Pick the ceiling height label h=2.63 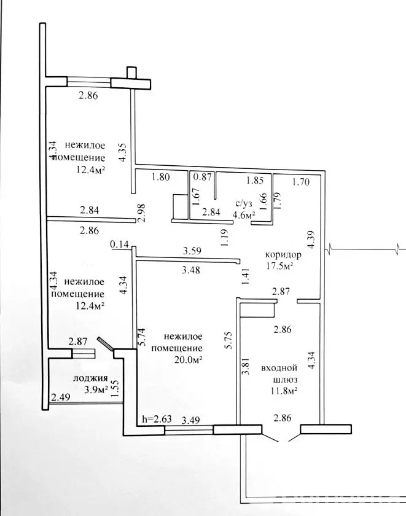[157, 420]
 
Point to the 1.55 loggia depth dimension [114, 389]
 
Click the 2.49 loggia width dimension [60, 398]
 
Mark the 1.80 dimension [162, 178]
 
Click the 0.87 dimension [202, 178]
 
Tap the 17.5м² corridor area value [279, 266]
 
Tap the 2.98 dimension [141, 213]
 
